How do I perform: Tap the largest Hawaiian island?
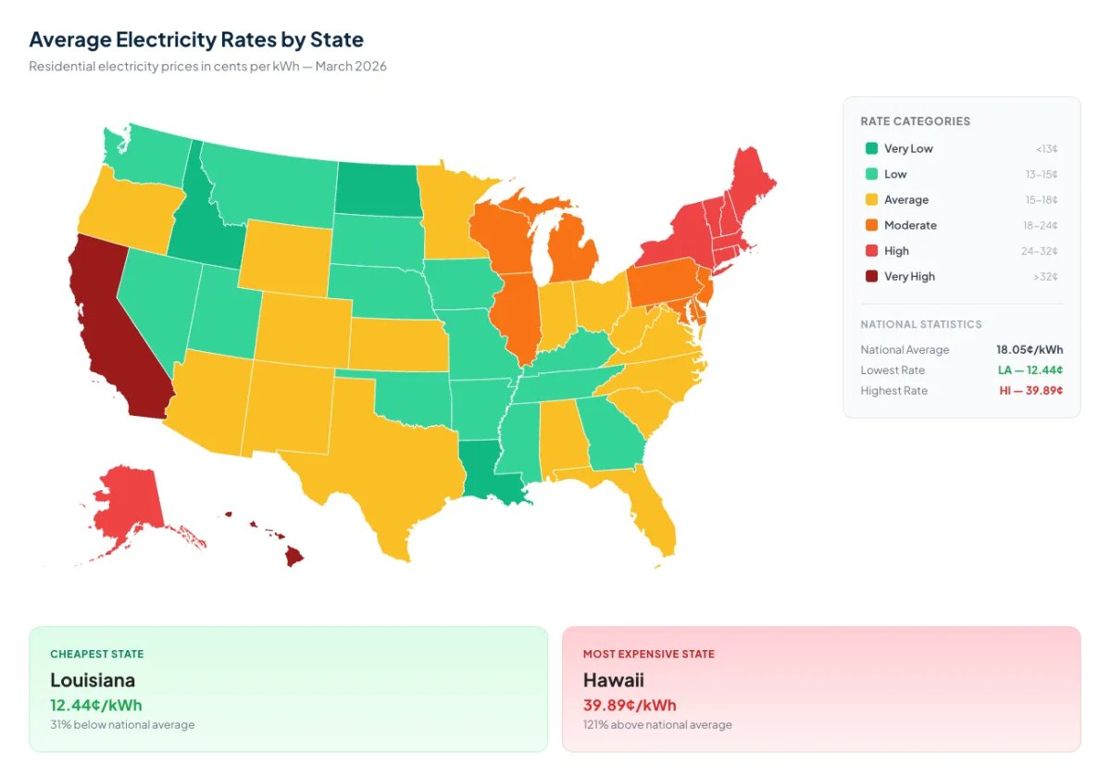293,556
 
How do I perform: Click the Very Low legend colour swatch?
871,148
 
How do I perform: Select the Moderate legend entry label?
910,225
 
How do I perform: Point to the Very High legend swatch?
871,276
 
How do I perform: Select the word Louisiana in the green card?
93,681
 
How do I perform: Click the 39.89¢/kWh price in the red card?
630,705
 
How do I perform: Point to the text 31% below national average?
122,724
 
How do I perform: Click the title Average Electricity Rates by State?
196,40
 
